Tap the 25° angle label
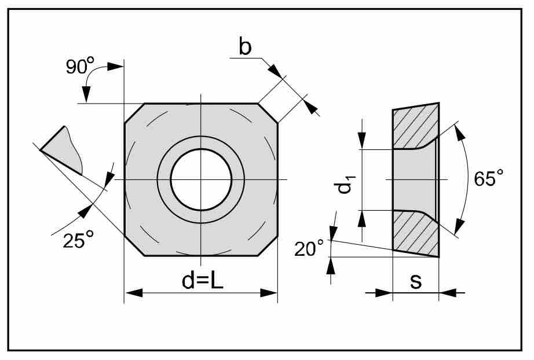78,240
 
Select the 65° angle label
489,178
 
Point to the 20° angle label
309,248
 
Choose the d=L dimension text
202,281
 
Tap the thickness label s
416,281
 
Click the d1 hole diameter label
344,183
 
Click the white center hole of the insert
202,179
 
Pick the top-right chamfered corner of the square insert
268,113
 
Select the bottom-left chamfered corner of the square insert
134,245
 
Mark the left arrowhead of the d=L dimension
134,293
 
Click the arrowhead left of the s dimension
384,293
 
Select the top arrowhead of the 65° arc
461,132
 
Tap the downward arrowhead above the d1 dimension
362,140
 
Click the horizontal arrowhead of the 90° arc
115,67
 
